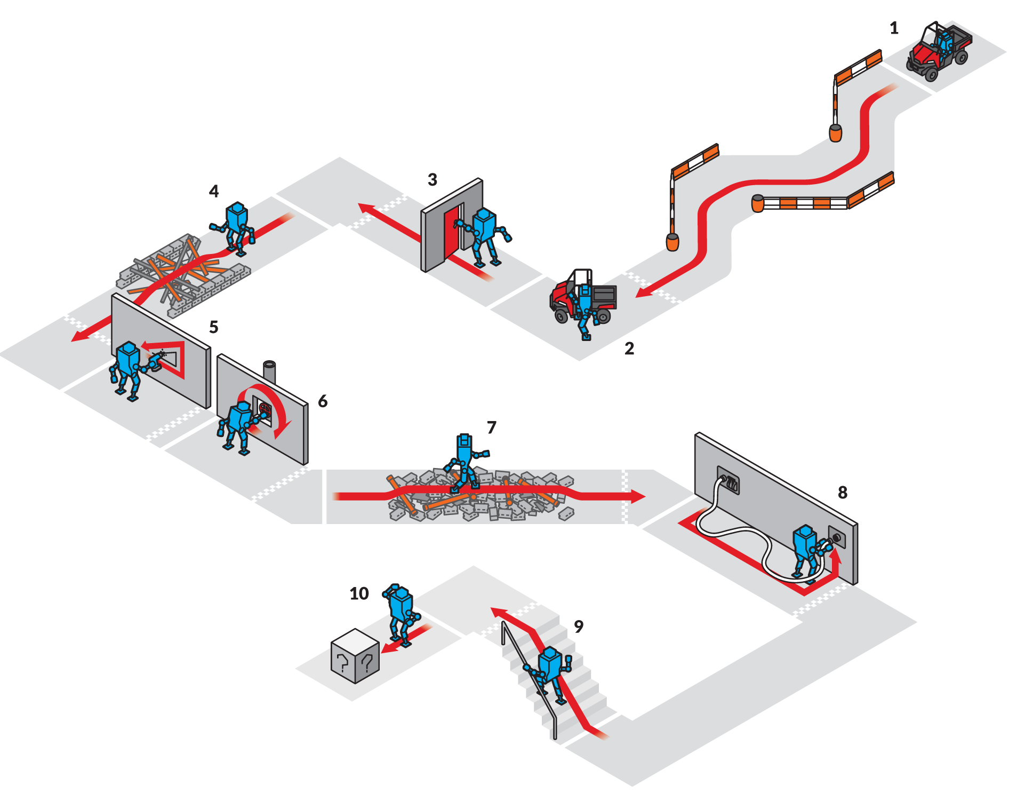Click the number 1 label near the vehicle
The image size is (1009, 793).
click(x=894, y=28)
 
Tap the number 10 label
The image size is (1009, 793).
click(x=359, y=593)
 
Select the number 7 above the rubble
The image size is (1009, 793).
click(x=491, y=427)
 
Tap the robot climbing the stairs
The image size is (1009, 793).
click(x=549, y=669)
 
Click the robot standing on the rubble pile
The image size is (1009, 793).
click(x=465, y=462)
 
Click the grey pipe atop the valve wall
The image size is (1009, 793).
click(x=269, y=371)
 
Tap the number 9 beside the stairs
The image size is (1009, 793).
click(x=579, y=626)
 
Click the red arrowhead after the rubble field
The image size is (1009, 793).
click(x=638, y=496)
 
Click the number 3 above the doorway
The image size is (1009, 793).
click(x=433, y=180)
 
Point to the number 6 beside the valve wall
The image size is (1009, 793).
click(x=323, y=401)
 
